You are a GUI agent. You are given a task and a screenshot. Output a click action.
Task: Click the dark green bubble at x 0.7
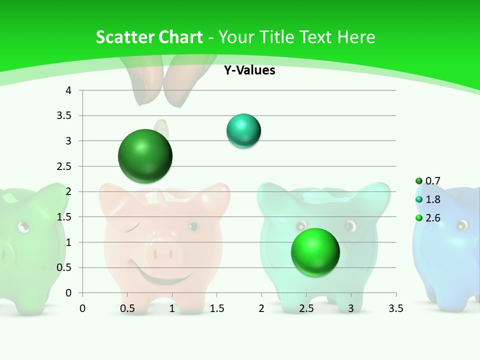click(x=145, y=156)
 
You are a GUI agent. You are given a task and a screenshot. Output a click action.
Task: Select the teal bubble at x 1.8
click(x=243, y=131)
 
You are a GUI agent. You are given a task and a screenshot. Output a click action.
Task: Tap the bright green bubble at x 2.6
click(x=315, y=252)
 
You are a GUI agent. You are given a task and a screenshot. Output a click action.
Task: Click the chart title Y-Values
click(x=249, y=70)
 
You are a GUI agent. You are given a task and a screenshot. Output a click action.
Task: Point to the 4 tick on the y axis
click(x=69, y=90)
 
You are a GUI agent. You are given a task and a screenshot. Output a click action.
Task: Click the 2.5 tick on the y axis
click(x=64, y=166)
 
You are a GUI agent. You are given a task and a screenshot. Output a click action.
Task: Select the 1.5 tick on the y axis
click(x=64, y=217)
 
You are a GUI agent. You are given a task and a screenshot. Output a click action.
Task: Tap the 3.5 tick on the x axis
click(x=395, y=308)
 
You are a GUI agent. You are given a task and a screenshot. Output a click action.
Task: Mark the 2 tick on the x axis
click(x=261, y=308)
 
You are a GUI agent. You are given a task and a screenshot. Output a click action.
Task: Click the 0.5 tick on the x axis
click(x=127, y=308)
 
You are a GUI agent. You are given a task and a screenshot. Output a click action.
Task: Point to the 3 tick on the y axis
click(x=69, y=141)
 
